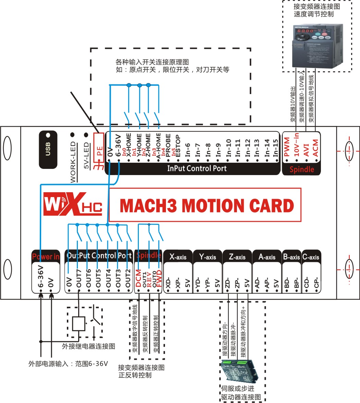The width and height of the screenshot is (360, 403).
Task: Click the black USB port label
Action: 48,149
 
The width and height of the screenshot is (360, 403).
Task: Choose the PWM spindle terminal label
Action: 287,147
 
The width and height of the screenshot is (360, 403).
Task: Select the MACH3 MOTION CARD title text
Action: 207,206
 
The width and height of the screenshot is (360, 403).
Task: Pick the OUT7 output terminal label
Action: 79,279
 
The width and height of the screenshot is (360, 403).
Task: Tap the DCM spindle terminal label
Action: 138,278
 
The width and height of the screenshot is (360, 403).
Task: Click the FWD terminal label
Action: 159,278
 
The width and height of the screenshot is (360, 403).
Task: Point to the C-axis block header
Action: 311,257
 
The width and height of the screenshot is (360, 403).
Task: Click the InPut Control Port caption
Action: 197,169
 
